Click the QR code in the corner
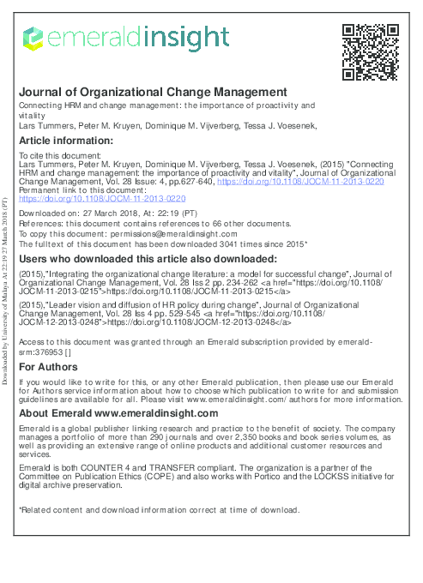click(370, 51)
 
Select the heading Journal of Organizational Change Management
click(153, 92)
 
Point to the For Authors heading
click(48, 367)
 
